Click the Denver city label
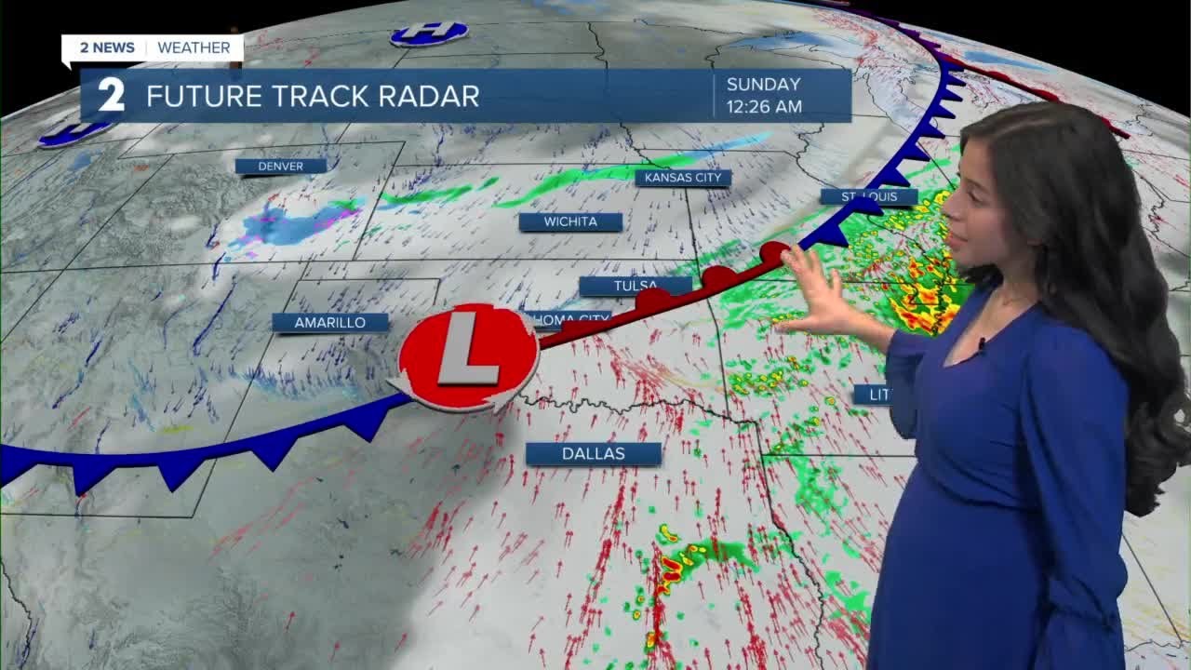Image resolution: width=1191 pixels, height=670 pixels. point(280,166)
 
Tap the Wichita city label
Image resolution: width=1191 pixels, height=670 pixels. point(570,221)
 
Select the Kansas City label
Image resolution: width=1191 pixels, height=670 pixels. point(683,177)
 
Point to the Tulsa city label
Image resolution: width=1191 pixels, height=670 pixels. point(636,285)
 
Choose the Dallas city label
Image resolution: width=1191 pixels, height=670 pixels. point(593,453)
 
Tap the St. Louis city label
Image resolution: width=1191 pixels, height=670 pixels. point(868,196)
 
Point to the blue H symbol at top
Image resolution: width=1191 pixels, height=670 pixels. point(429,33)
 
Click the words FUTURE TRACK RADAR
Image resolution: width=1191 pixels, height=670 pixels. point(313,96)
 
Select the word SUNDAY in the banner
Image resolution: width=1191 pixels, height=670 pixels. point(763,85)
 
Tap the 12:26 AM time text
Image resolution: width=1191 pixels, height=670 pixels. point(764,107)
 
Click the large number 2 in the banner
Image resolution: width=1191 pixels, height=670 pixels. point(112,95)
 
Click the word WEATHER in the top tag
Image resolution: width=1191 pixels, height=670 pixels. point(194,47)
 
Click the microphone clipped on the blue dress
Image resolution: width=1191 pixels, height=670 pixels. point(981,345)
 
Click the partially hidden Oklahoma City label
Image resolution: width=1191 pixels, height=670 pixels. point(569,319)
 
